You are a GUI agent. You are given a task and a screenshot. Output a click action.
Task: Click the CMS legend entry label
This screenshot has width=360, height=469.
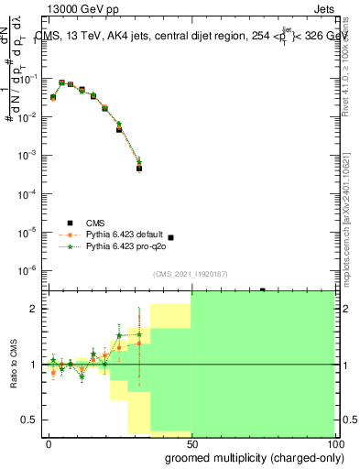(x=95, y=223)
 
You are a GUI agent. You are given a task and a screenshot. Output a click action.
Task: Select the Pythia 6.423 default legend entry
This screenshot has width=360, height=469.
(x=125, y=234)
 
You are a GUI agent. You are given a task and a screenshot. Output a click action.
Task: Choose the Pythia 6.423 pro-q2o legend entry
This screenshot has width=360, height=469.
(x=125, y=246)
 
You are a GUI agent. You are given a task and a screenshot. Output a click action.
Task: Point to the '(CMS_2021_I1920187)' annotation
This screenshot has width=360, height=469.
(x=191, y=274)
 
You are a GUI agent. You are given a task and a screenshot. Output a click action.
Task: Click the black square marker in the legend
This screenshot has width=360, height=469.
(x=70, y=223)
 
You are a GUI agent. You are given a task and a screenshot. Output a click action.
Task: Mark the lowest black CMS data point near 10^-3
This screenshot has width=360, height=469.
(x=138, y=169)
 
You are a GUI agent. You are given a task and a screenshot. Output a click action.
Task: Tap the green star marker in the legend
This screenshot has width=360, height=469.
(x=70, y=246)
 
